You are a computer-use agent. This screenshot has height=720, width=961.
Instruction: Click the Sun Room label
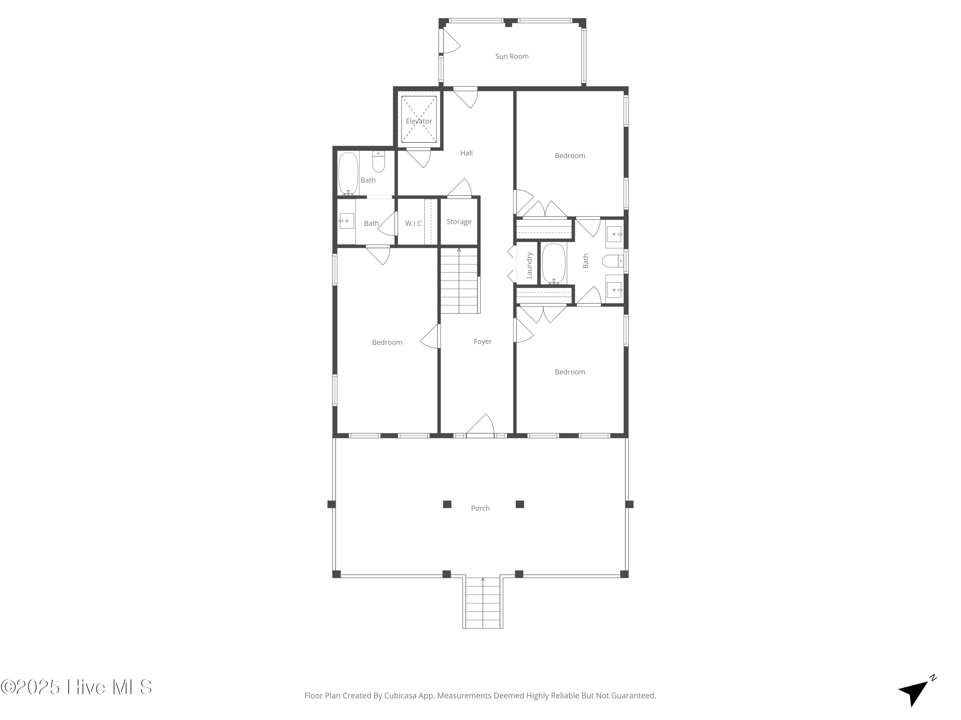pyautogui.click(x=512, y=56)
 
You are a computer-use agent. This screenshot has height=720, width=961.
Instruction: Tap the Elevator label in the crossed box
pyautogui.click(x=419, y=121)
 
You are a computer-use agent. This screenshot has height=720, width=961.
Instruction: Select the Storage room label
pyautogui.click(x=459, y=222)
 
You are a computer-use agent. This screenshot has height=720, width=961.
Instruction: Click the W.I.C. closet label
pyautogui.click(x=414, y=223)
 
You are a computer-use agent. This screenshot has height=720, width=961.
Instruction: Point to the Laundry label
pyautogui.click(x=529, y=265)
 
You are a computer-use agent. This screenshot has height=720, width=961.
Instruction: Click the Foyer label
pyautogui.click(x=482, y=341)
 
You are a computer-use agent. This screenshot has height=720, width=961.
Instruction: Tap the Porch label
pyautogui.click(x=480, y=508)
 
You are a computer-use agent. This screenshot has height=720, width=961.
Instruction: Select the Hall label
pyautogui.click(x=466, y=153)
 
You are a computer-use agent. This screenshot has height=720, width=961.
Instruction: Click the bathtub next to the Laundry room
pyautogui.click(x=554, y=263)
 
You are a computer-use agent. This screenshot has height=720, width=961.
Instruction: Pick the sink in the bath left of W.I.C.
pyautogui.click(x=346, y=221)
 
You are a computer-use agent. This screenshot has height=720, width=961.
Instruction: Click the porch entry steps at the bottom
pyautogui.click(x=483, y=603)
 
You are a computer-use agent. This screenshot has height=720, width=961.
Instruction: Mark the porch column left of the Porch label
pyautogui.click(x=447, y=504)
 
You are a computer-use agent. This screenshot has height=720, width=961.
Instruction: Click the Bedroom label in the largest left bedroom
pyautogui.click(x=387, y=342)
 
